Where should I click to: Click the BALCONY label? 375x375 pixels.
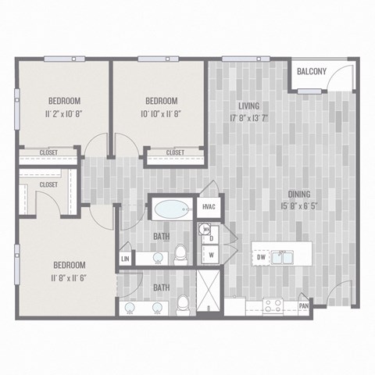[x=312, y=72]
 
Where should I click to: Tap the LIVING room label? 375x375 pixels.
[x=248, y=105]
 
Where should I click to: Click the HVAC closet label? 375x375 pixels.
[x=209, y=207]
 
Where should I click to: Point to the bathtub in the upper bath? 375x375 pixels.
[x=170, y=209]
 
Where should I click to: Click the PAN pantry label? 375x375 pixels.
[x=303, y=306]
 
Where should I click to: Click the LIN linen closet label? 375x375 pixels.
[x=124, y=259]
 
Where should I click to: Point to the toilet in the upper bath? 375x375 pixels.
[x=181, y=252]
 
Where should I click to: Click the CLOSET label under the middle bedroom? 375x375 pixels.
[x=174, y=152]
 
